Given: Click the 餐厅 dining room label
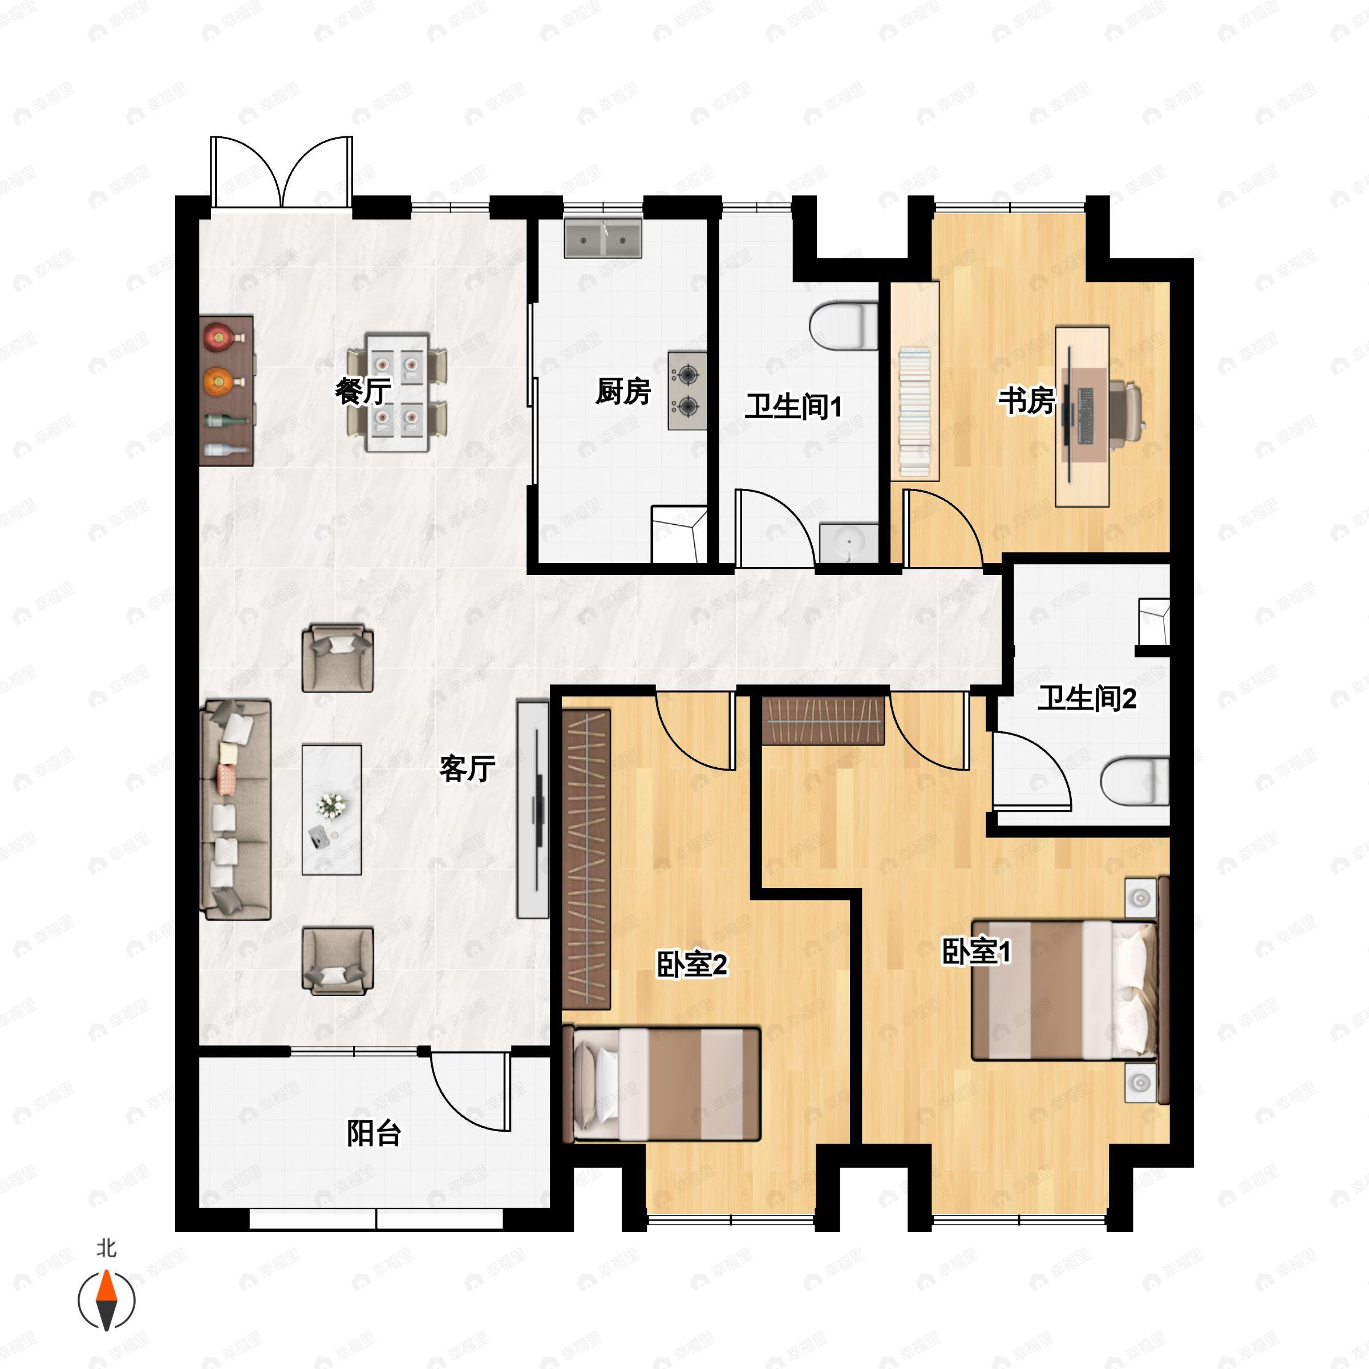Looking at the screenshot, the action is point(363,391).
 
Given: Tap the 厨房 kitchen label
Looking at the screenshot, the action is point(623,391).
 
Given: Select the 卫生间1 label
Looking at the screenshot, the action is point(793,407).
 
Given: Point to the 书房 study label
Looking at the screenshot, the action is point(1027,400).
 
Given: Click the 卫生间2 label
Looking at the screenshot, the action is point(1087,699).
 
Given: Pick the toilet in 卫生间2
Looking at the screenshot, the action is point(1135,781).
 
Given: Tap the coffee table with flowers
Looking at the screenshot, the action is point(331,809).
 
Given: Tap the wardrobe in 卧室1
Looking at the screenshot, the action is point(823,720).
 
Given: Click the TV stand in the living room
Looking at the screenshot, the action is point(533,809).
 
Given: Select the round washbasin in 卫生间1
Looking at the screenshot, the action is point(849,544).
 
